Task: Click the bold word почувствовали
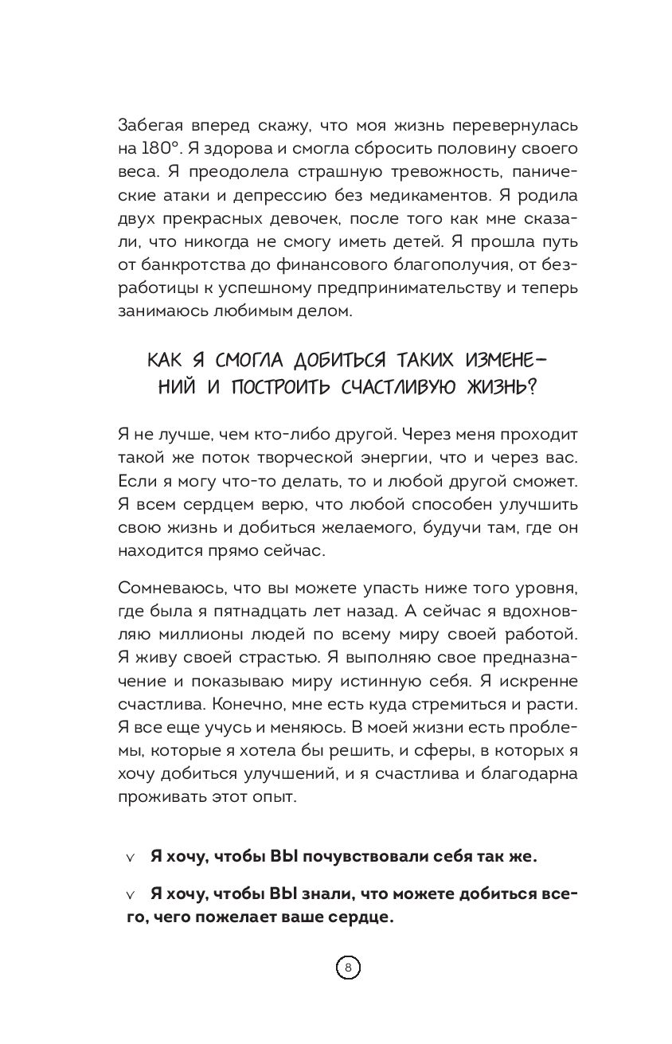point(346,856)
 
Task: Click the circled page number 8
point(347,968)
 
